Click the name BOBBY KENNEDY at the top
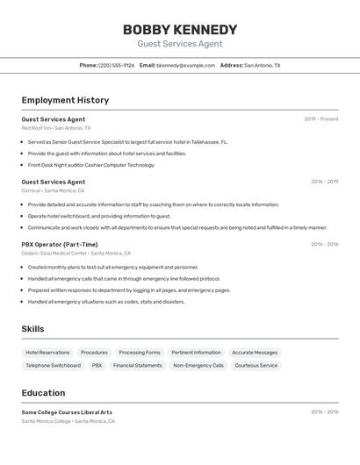coord(179,29)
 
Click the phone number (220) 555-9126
coord(116,65)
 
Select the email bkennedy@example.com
coord(185,65)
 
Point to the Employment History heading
coord(65,100)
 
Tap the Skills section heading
coord(32,329)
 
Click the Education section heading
coord(43,393)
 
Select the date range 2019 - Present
coord(320,119)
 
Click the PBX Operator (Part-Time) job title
coord(60,245)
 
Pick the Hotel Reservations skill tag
coord(47,352)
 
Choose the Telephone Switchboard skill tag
coord(53,365)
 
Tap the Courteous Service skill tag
coord(256,365)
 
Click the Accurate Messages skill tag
coord(255,352)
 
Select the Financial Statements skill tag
coord(137,365)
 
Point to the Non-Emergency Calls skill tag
coord(198,365)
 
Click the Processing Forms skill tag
coord(140,352)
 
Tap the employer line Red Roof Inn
coord(55,128)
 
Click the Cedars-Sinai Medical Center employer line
coord(76,254)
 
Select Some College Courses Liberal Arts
coord(67,412)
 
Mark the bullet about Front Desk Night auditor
coord(90,165)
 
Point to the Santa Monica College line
coord(68,421)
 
